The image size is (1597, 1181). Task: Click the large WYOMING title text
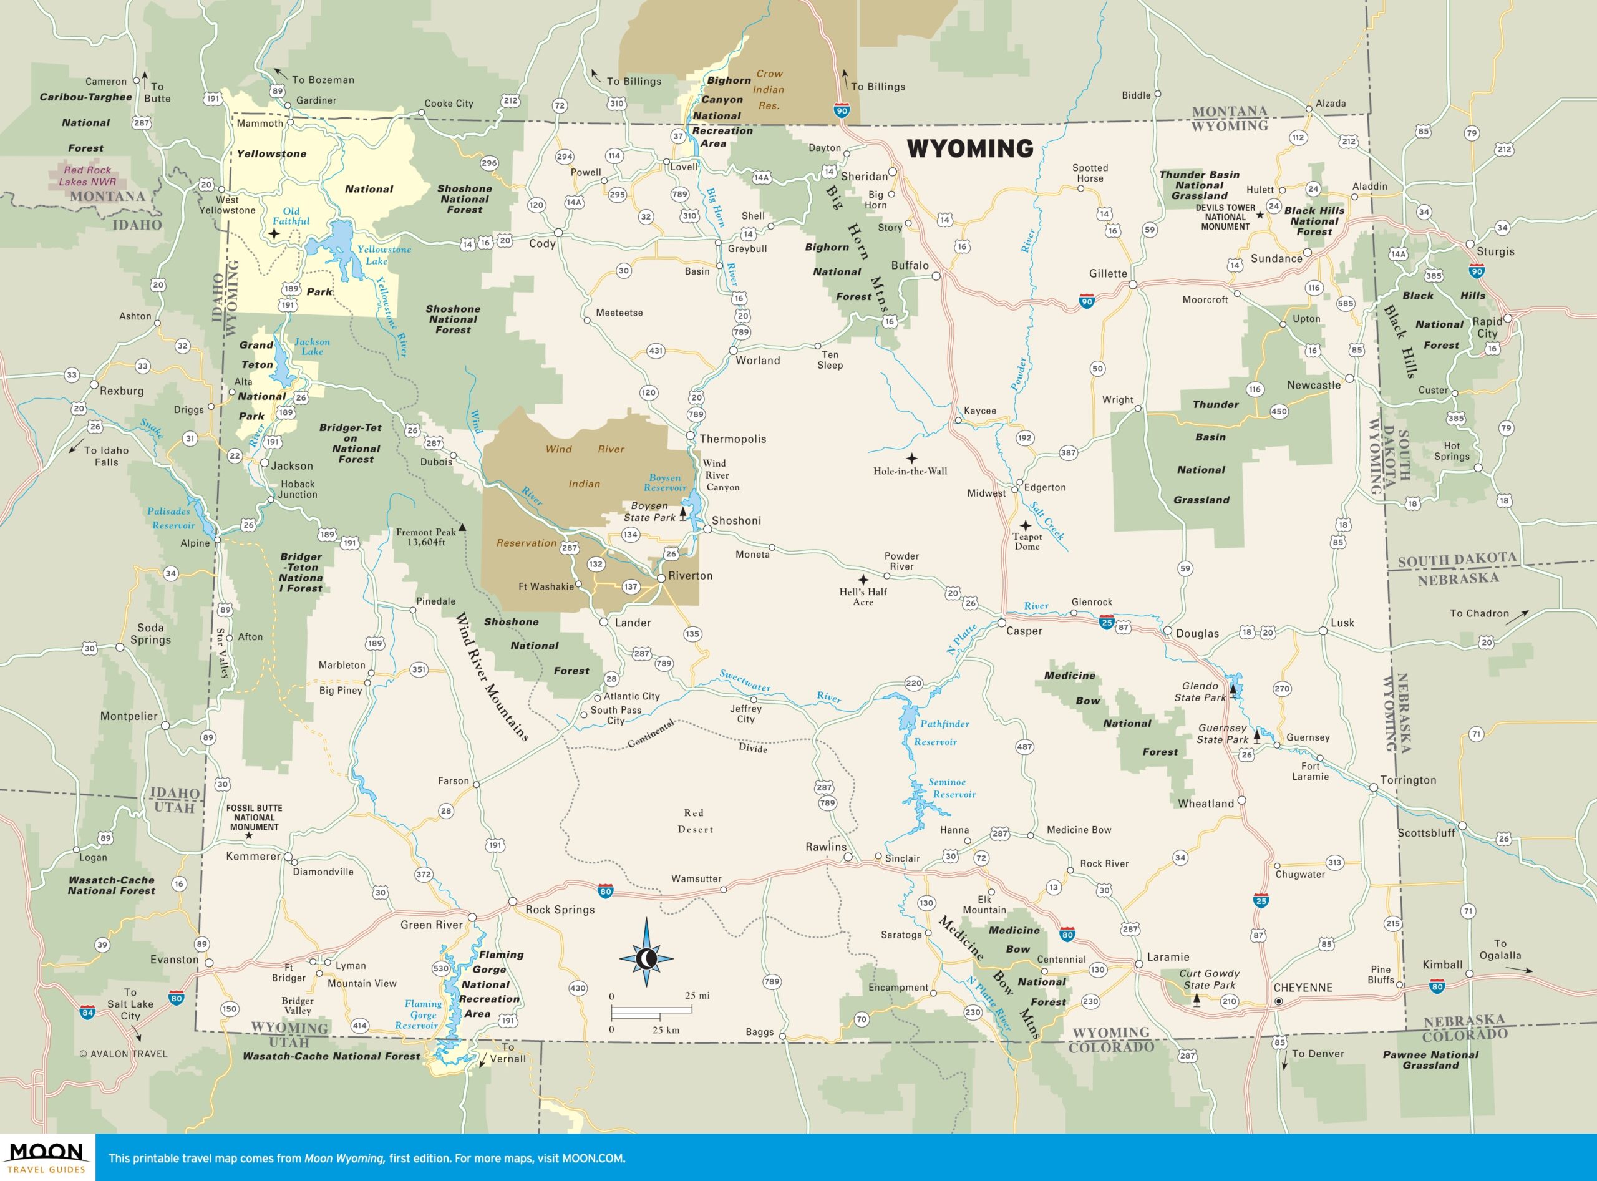click(970, 148)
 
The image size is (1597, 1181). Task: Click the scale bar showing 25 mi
click(651, 1010)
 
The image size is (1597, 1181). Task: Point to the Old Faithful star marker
click(274, 234)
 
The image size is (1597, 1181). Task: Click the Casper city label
click(1024, 631)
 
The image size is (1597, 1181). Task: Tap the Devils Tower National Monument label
click(1225, 217)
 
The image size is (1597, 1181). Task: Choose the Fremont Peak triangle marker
click(462, 528)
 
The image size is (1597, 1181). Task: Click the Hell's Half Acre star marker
click(863, 580)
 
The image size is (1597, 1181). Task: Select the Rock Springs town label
click(560, 910)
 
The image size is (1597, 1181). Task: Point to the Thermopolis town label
click(733, 439)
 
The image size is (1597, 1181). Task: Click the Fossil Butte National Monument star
click(249, 835)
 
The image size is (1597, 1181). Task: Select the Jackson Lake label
click(313, 346)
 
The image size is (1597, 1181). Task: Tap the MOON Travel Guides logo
click(46, 1157)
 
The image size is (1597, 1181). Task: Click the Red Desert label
click(695, 820)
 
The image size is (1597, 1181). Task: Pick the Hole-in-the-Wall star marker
click(911, 457)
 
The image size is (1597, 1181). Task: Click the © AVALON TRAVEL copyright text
click(123, 1054)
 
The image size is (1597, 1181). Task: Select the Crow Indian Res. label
click(769, 89)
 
